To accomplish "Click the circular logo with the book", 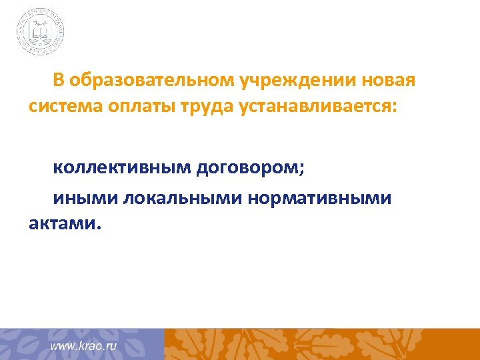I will [41, 31].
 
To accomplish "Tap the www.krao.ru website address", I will [84, 347].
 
